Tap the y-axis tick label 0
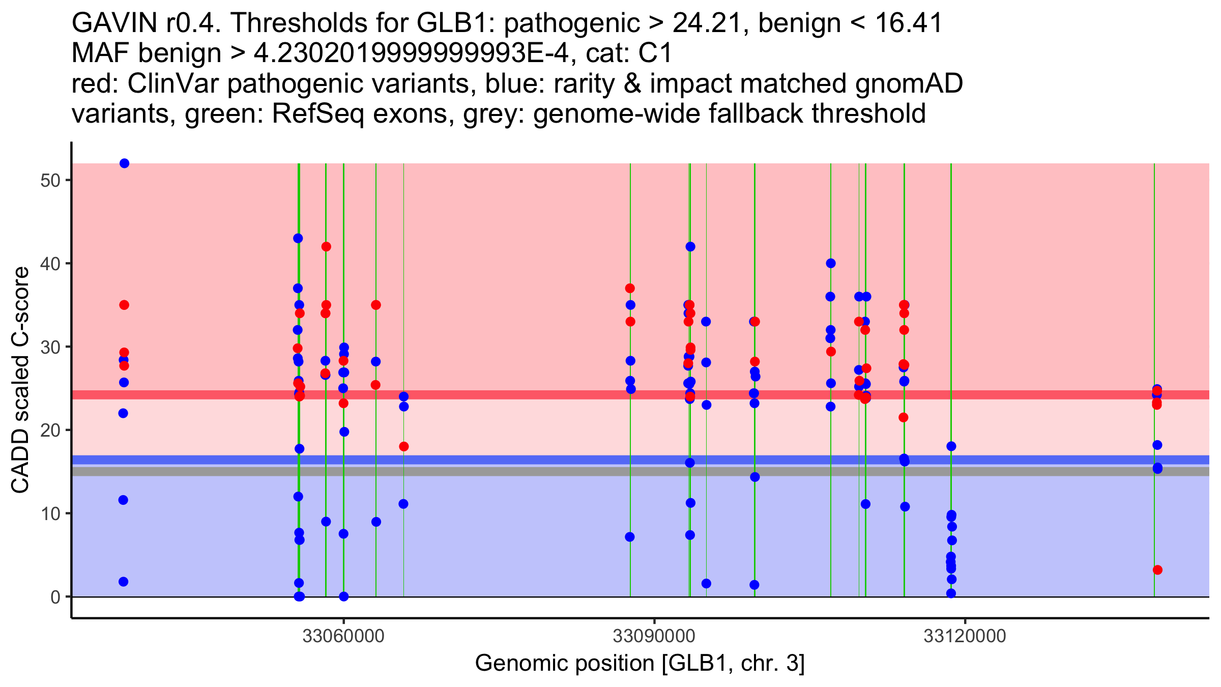coord(55,597)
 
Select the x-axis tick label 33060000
coord(343,637)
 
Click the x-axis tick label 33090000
coord(654,637)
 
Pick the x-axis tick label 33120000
coord(965,637)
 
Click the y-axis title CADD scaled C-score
coord(20,380)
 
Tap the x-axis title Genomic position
coord(639,664)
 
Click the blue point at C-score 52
coord(124,163)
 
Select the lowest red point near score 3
coord(1157,570)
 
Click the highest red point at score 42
coord(326,247)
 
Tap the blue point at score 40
coord(831,264)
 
